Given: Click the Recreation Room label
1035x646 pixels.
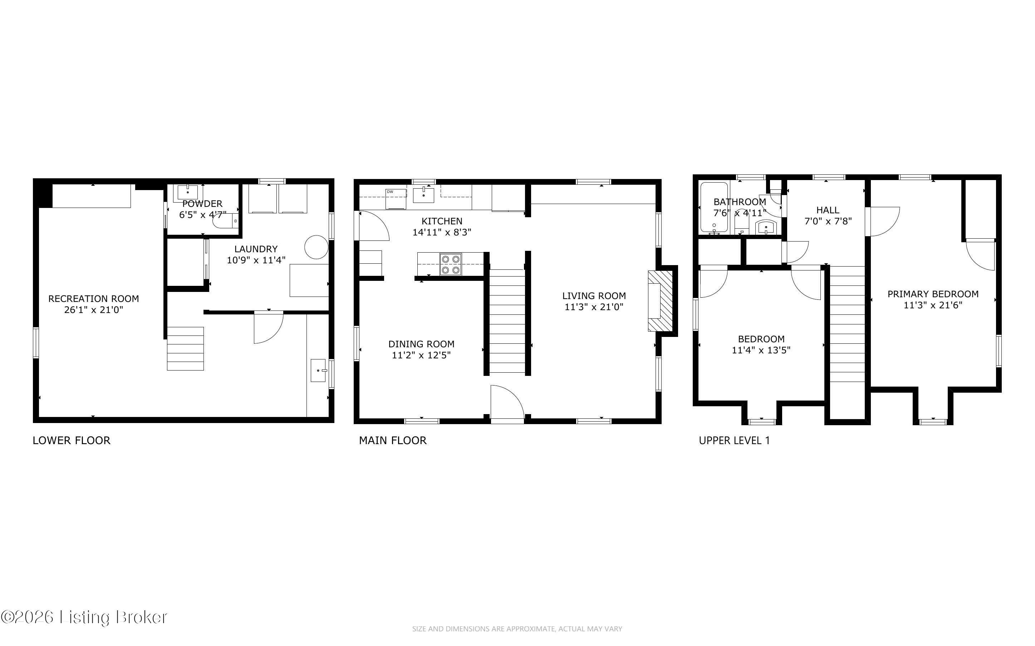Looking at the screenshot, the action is coord(94,299).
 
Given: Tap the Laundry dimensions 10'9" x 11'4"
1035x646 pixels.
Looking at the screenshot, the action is coord(256,260).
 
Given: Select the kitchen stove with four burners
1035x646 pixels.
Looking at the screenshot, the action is coord(451,264).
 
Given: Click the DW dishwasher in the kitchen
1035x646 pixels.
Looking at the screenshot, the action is coord(396,199).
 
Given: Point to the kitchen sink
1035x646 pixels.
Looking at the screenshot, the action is coord(423,195).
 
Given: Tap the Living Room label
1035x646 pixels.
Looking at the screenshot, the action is coord(594,295).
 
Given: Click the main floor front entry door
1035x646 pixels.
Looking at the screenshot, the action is coord(507,404).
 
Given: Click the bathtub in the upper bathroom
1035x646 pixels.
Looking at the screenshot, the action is coord(714,208).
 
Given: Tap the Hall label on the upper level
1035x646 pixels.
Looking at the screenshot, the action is coord(828,210).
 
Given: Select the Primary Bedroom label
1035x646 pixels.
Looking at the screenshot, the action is coord(933,294).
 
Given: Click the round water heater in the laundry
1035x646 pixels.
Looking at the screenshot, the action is coord(317,247).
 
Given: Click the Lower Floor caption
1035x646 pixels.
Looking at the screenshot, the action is coord(72,441).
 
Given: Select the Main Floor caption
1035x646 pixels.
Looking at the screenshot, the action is coord(392,441).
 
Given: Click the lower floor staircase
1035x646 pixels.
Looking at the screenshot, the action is coord(185,349).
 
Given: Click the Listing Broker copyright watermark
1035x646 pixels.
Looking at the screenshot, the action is coord(84,617).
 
